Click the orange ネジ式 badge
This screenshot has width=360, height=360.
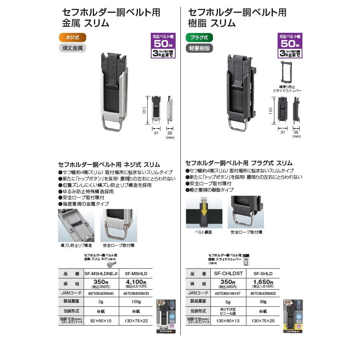point(72,38)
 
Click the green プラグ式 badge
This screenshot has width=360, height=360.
point(199,38)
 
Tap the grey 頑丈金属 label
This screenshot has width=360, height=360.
point(72,48)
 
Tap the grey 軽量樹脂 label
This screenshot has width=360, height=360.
point(199,48)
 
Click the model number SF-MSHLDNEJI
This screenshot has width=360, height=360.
point(101,274)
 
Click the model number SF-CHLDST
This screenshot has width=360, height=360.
point(229,274)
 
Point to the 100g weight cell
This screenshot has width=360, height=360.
point(136,302)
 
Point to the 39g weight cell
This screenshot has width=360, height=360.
point(263,302)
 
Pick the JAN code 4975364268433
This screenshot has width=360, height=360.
point(136,293)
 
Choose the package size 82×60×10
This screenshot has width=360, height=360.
point(101,321)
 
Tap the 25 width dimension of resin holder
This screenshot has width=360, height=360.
point(296,132)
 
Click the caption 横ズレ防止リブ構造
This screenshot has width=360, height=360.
point(76,245)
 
